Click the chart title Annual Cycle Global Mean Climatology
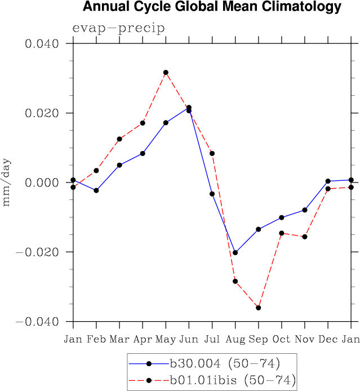(212, 7)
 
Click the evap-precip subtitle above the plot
(118, 29)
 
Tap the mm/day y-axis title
(7, 182)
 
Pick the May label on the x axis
(166, 339)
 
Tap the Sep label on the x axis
(258, 339)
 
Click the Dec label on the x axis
(328, 339)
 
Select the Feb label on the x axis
(96, 339)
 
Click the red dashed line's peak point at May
(166, 73)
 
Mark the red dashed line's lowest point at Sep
(259, 308)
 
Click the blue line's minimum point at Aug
(235, 252)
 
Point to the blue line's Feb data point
(96, 190)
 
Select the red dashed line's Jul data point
(212, 153)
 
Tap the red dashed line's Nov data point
(305, 237)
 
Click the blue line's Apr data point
(143, 153)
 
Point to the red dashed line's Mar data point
(119, 139)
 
